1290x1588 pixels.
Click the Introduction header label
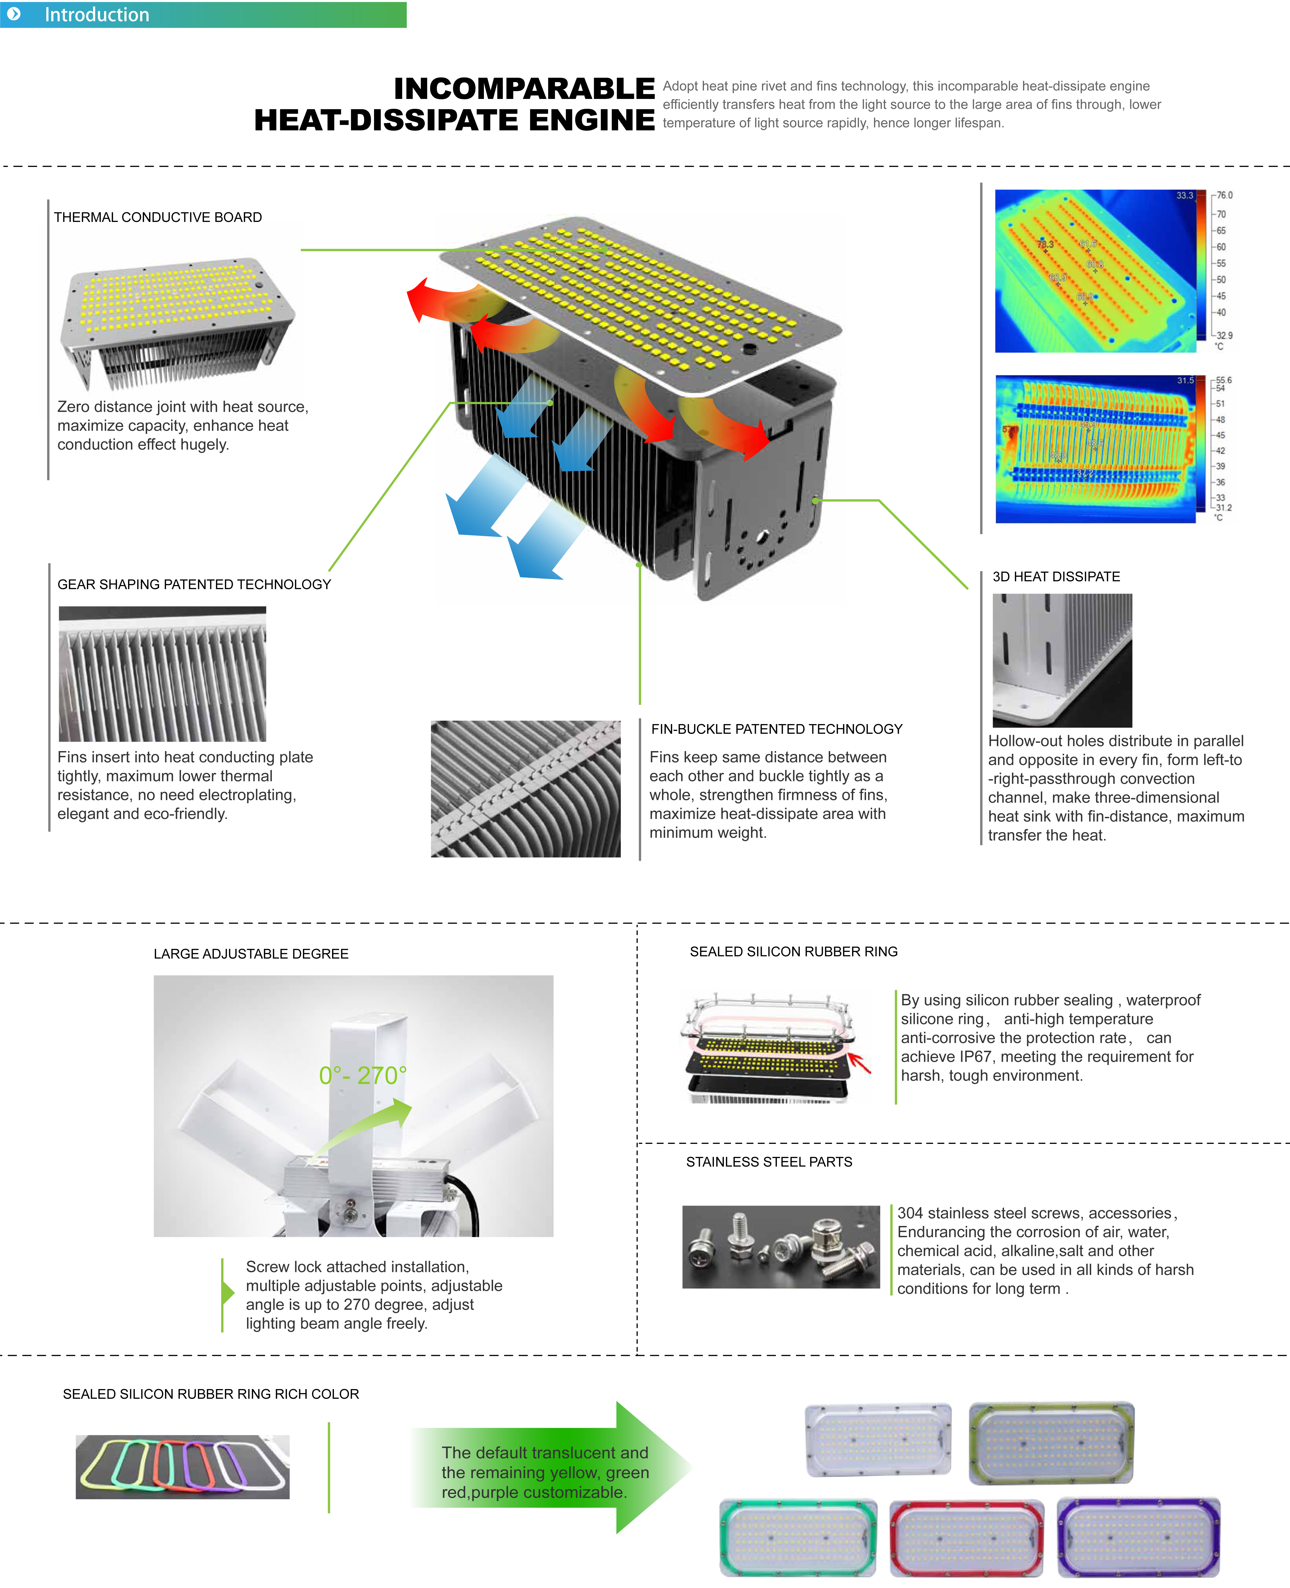(x=97, y=15)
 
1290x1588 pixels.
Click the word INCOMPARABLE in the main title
(x=524, y=89)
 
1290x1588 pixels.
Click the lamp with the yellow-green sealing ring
(x=1052, y=1442)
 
